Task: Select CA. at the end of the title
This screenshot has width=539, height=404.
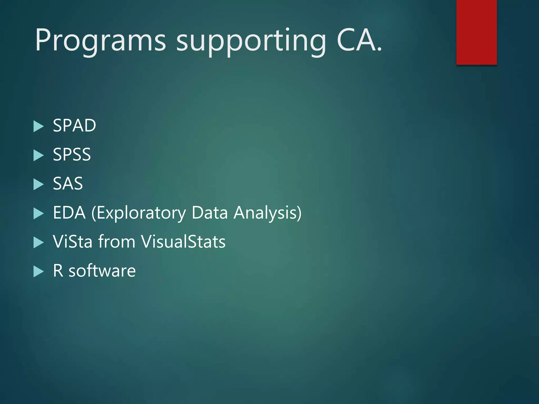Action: pyautogui.click(x=359, y=41)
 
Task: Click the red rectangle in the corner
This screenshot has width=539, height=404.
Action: pyautogui.click(x=476, y=32)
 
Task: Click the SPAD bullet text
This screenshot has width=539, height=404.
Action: pyautogui.click(x=74, y=125)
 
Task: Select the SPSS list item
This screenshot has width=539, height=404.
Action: pyautogui.click(x=72, y=154)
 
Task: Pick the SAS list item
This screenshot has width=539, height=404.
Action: pyautogui.click(x=68, y=184)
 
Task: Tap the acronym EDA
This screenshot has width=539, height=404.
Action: pyautogui.click(x=69, y=213)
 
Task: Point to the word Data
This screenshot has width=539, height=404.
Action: pyautogui.click(x=209, y=213)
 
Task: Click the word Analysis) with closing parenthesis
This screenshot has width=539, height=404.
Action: pyautogui.click(x=267, y=213)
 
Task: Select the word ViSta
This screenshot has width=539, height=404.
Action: pyautogui.click(x=73, y=241)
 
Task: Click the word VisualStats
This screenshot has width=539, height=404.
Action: pyautogui.click(x=183, y=241)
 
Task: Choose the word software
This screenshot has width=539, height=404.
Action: pyautogui.click(x=102, y=271)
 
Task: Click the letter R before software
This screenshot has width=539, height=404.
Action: pyautogui.click(x=58, y=271)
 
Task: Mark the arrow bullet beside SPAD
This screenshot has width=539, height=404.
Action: pyautogui.click(x=38, y=127)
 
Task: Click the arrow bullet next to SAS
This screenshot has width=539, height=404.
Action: pyautogui.click(x=38, y=185)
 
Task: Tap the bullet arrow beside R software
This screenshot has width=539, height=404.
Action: pyautogui.click(x=38, y=272)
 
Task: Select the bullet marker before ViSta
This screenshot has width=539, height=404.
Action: pyautogui.click(x=38, y=243)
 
